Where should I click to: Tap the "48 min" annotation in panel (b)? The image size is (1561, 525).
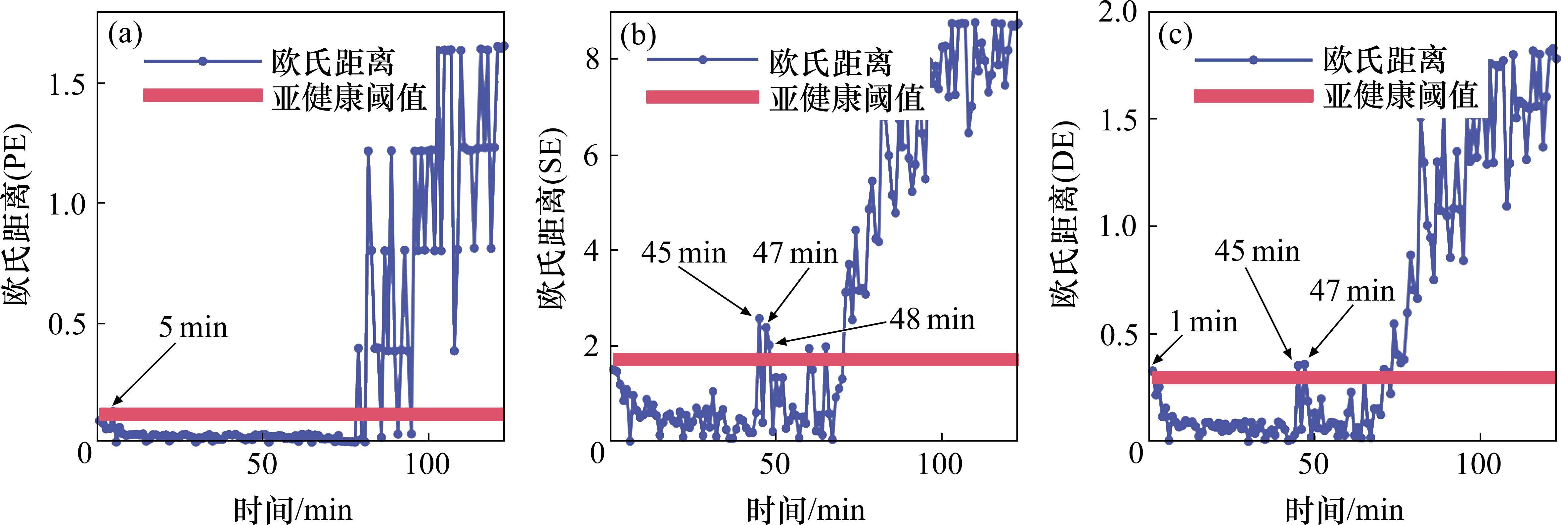(932, 319)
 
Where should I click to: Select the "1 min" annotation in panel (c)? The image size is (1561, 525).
(1203, 322)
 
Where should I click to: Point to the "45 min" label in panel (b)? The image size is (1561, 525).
(684, 252)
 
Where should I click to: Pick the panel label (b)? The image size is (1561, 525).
(638, 36)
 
